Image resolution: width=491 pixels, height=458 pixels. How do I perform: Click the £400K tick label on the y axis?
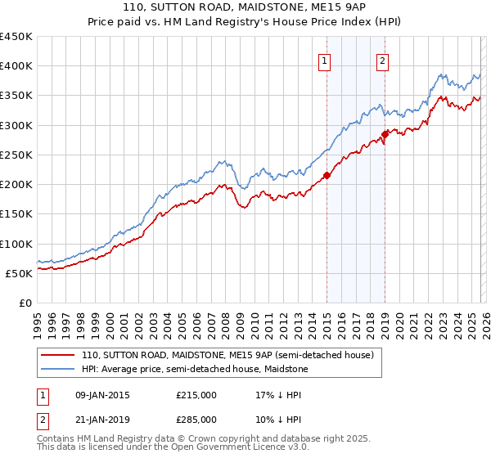16,66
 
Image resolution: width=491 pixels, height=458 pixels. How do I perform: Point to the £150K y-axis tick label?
16,214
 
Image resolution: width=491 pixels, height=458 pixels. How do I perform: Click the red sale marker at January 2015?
327,175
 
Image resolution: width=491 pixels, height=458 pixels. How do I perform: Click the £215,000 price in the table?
196,394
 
